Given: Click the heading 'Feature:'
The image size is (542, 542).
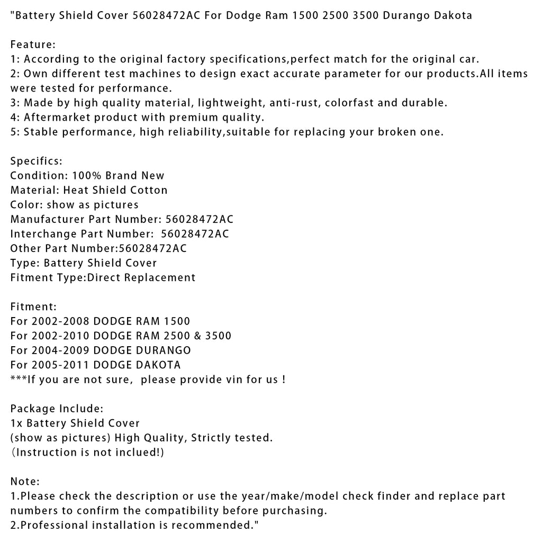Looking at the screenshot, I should tap(33, 44).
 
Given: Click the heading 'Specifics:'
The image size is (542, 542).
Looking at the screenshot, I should tap(36, 160).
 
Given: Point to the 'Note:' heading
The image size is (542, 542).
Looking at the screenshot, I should tap(25, 481).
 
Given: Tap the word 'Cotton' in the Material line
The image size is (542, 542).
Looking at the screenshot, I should tap(149, 190).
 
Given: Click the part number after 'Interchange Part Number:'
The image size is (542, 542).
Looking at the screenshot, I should tap(195, 234).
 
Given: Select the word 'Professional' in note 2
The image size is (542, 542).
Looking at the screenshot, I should tap(53, 525).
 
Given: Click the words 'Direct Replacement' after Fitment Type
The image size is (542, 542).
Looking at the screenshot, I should tap(141, 277).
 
